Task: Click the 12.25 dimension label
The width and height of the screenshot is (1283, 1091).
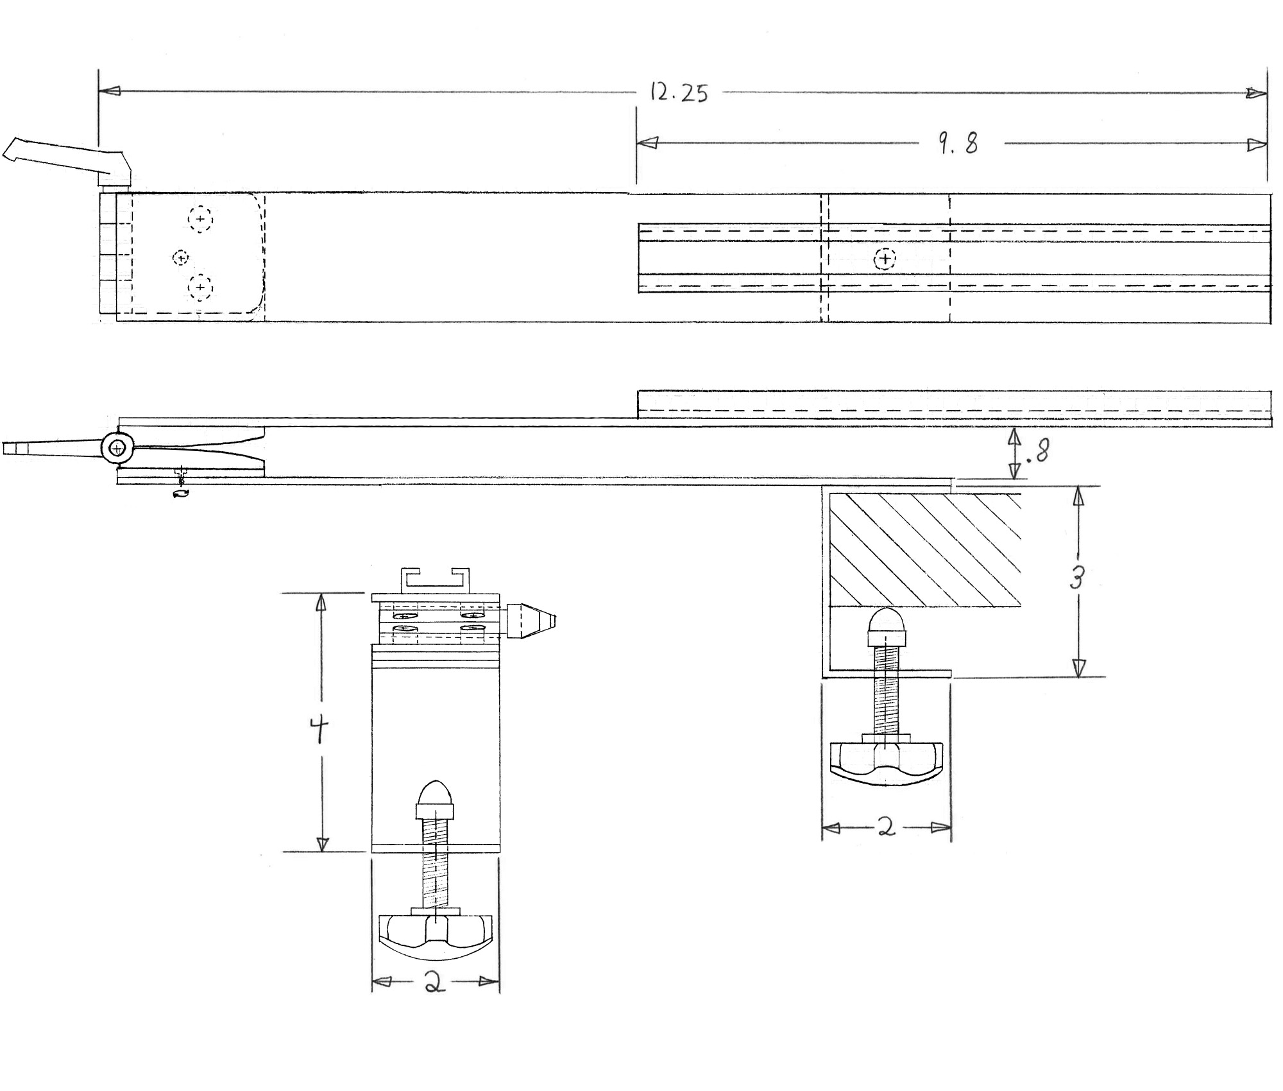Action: point(679,93)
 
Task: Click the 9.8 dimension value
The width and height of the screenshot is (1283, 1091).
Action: point(959,143)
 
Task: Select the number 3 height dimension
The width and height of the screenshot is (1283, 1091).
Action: point(1077,579)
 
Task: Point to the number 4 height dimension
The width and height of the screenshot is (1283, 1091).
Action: point(319,730)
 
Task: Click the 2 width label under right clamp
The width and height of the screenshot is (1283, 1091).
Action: point(886,828)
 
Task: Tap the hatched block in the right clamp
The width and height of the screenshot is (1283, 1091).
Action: point(925,549)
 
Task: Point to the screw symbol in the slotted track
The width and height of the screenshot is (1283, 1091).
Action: point(885,259)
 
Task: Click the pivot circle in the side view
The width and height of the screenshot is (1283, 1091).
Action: point(117,448)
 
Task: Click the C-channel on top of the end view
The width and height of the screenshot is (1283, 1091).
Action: point(435,581)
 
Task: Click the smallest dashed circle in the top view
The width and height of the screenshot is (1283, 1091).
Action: point(181,258)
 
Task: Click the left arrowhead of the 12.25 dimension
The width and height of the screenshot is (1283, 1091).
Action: point(110,92)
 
